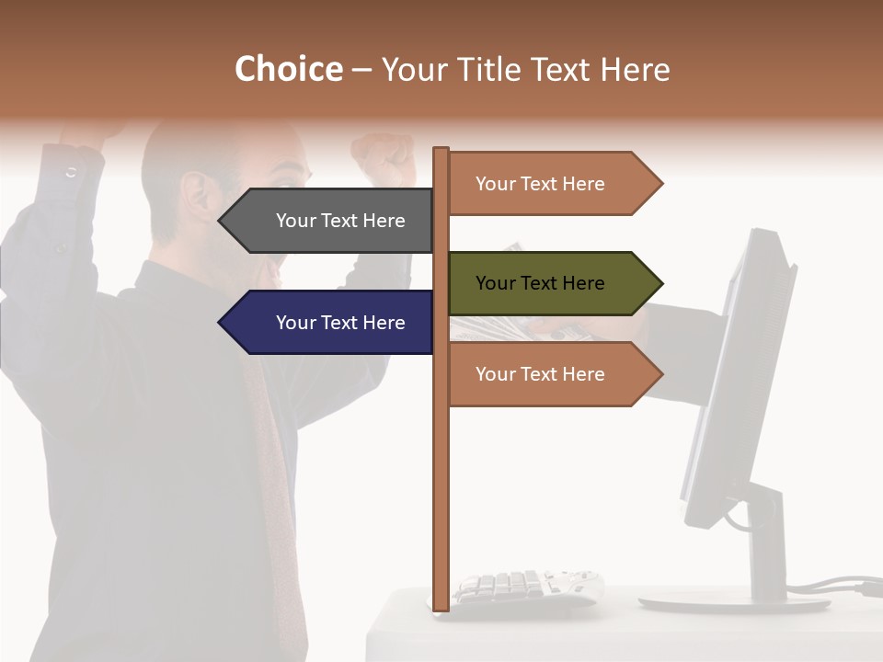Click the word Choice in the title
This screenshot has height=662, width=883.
pos(288,69)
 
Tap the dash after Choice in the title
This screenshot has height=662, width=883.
pos(361,70)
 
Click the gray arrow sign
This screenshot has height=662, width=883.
pos(331,221)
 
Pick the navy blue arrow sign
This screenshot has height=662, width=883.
pos(331,322)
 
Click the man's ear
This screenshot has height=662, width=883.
pos(196,195)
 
